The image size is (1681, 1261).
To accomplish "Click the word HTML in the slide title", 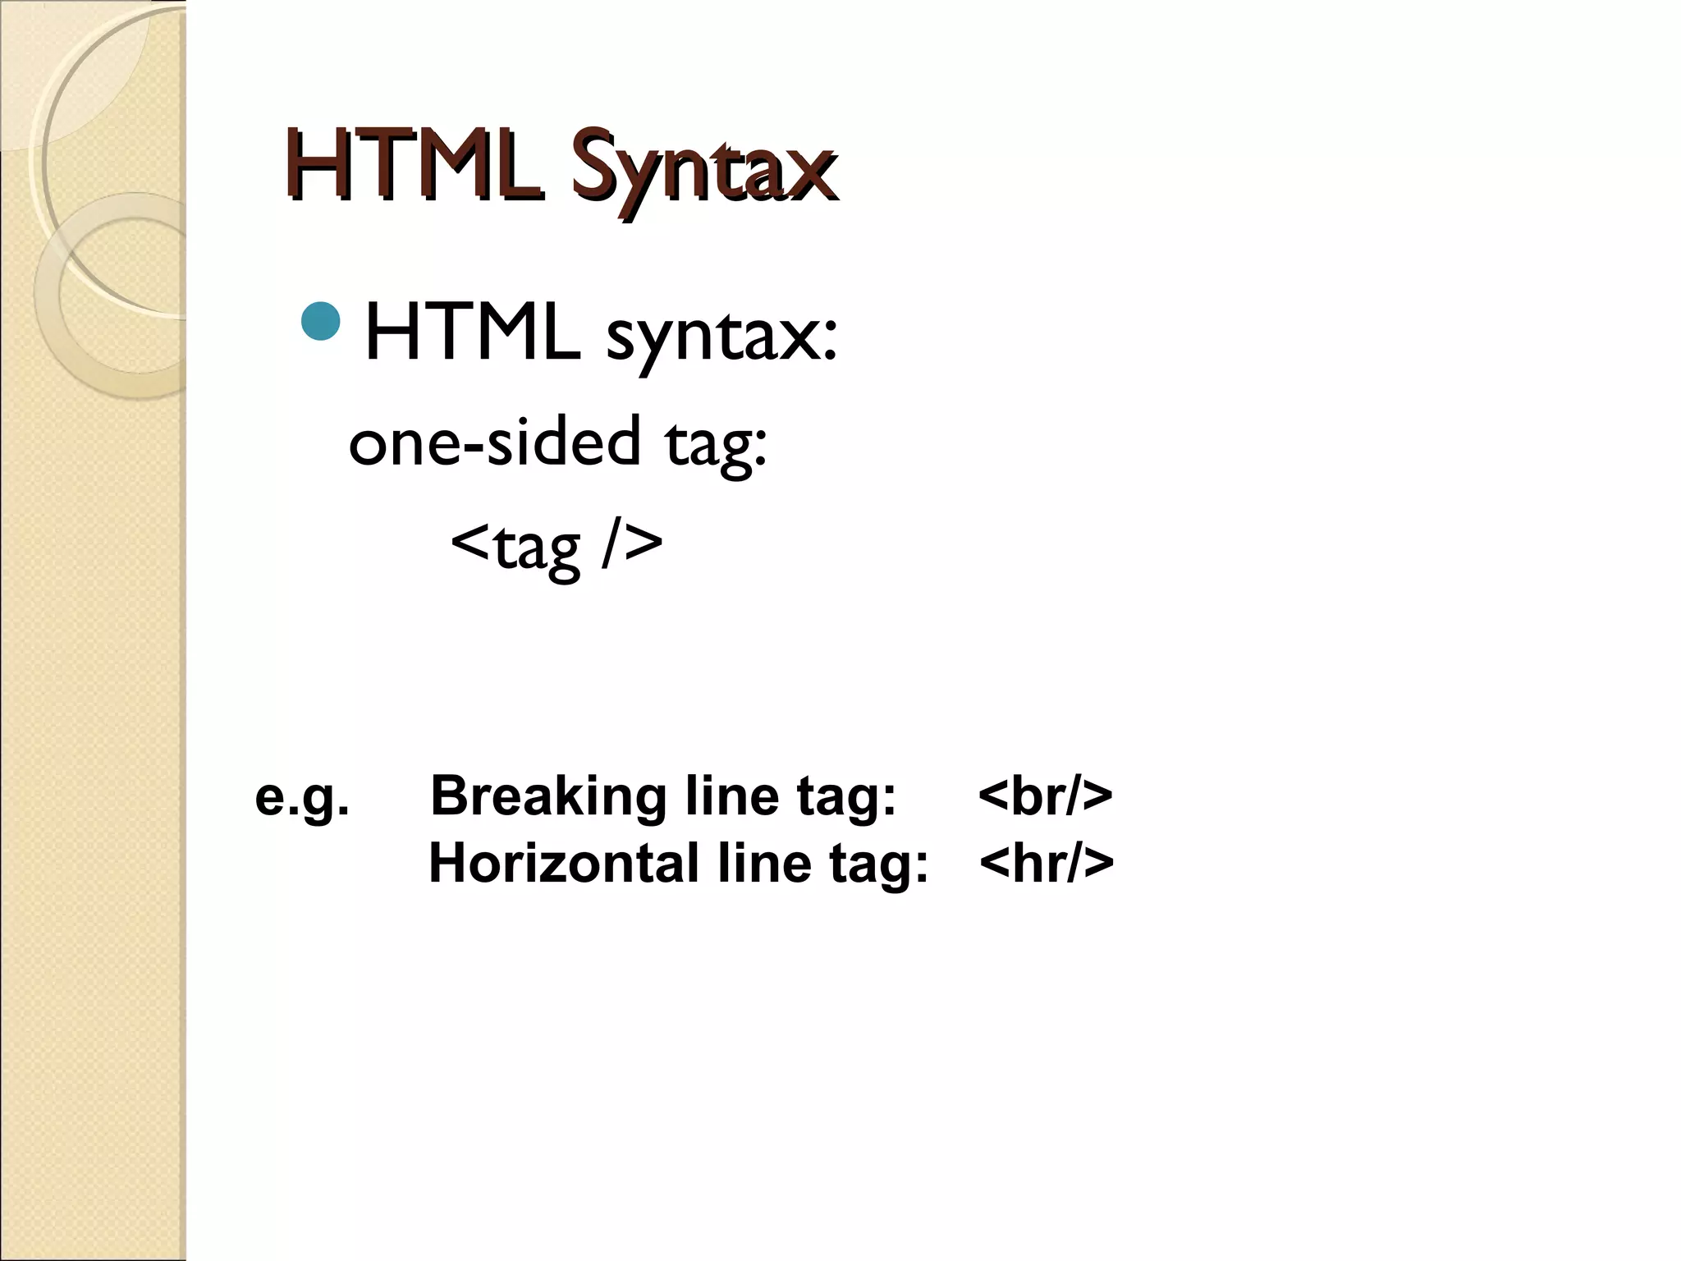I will pyautogui.click(x=415, y=168).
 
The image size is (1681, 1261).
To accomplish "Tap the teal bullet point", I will pyautogui.click(x=321, y=322).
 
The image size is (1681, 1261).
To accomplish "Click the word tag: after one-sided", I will pyautogui.click(x=716, y=444).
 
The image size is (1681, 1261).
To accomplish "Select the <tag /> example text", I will pyautogui.click(x=557, y=545).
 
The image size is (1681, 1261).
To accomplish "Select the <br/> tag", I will pyautogui.click(x=1045, y=796).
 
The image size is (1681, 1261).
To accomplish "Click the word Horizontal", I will pyautogui.click(x=564, y=864).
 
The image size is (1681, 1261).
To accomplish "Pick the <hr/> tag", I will pyautogui.click(x=1047, y=864).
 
